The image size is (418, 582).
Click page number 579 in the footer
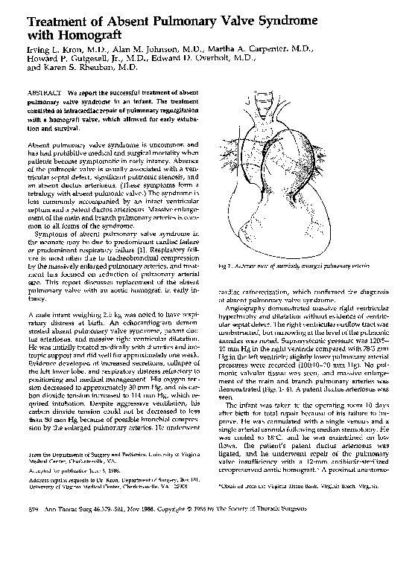point(33,553)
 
